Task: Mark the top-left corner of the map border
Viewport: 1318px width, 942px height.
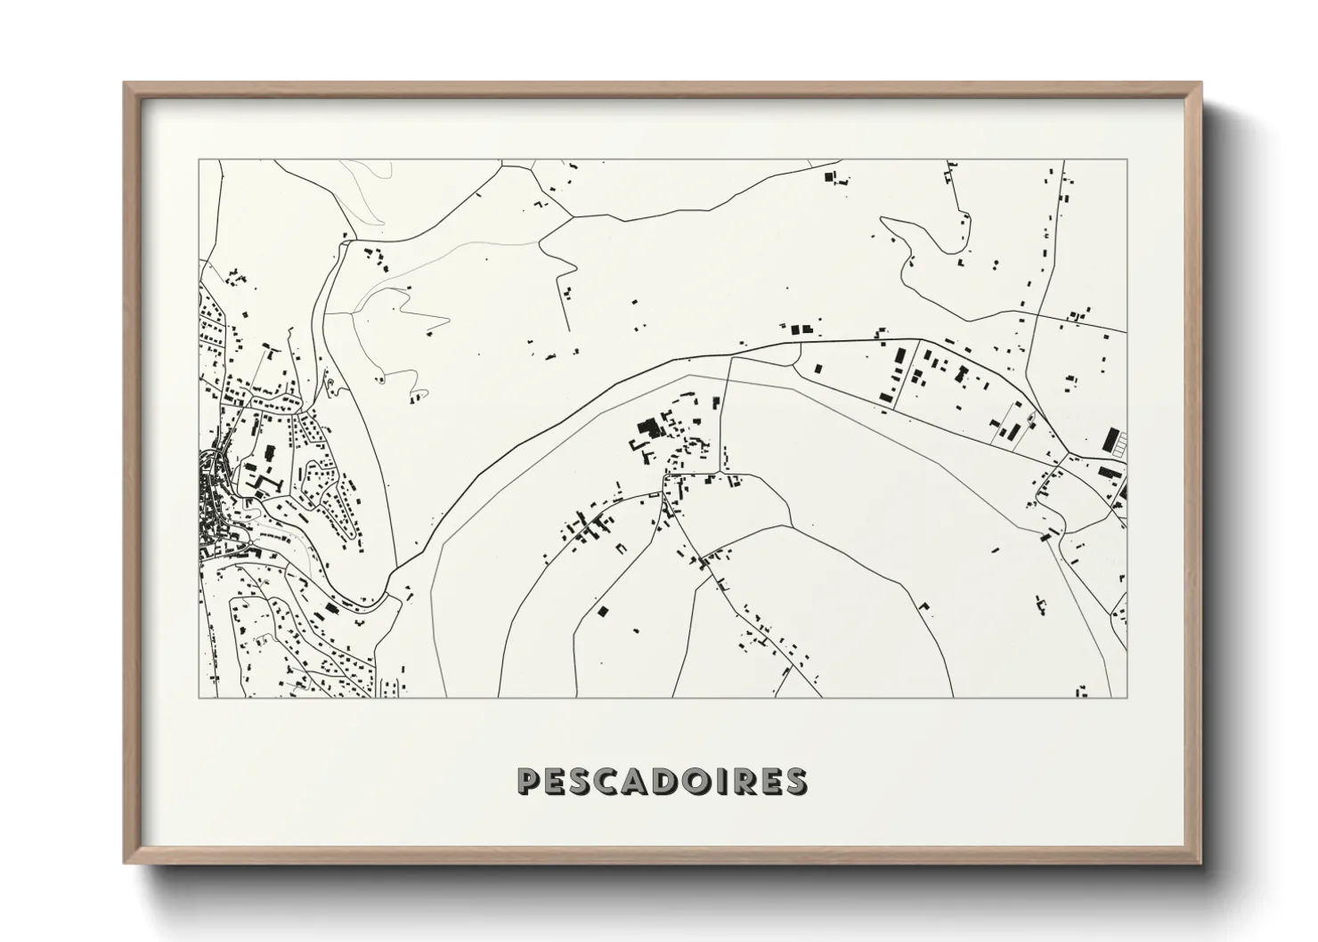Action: click(199, 160)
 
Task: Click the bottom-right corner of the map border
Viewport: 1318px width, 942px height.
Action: click(1127, 697)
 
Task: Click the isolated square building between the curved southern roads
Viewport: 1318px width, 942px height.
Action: click(603, 611)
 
